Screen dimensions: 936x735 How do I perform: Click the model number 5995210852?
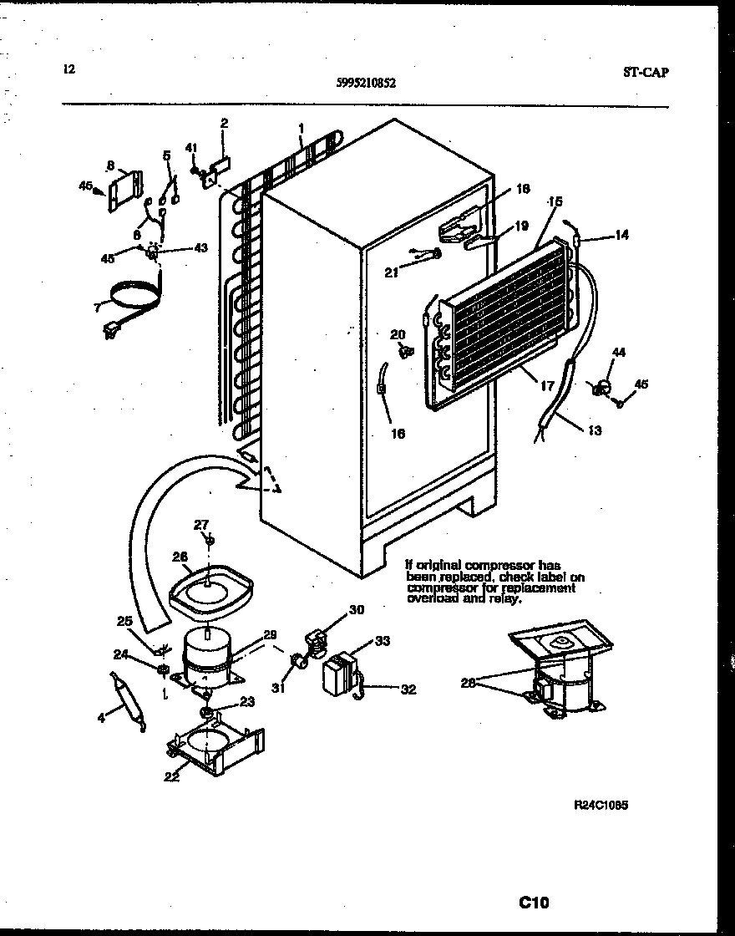pyautogui.click(x=367, y=83)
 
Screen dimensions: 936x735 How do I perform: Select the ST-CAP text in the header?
pyautogui.click(x=645, y=72)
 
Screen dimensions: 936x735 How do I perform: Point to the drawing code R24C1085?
pyautogui.click(x=601, y=805)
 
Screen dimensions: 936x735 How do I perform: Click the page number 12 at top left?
pyautogui.click(x=68, y=70)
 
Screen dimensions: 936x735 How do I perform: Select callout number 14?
pyautogui.click(x=621, y=236)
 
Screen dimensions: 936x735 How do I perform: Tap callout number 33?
pyautogui.click(x=383, y=641)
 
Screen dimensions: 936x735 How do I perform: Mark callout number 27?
pyautogui.click(x=201, y=525)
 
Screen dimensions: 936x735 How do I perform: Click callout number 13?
pyautogui.click(x=594, y=431)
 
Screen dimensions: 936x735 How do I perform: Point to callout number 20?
pyautogui.click(x=398, y=334)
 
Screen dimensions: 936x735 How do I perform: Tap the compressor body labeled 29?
pyautogui.click(x=205, y=657)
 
